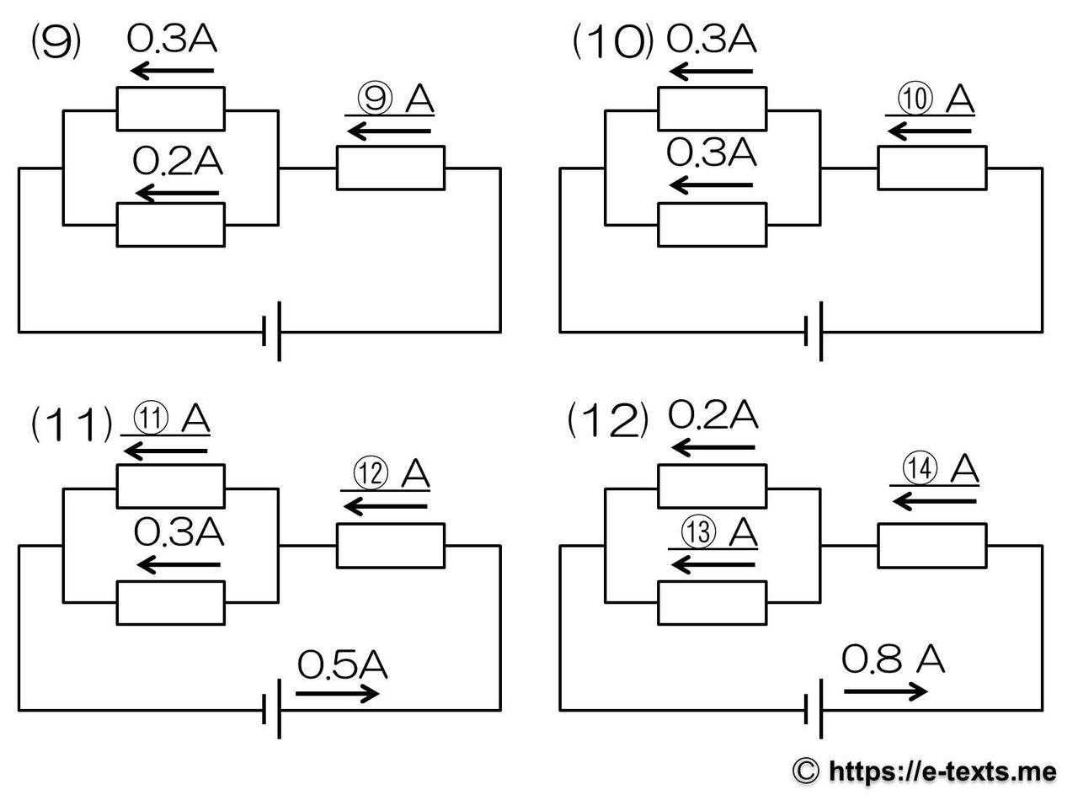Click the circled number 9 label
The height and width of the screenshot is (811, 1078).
click(x=376, y=99)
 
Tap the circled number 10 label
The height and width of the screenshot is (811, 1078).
click(x=915, y=99)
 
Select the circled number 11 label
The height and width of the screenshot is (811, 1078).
click(x=151, y=419)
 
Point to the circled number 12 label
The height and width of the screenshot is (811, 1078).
click(x=371, y=473)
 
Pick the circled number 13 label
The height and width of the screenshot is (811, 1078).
click(x=698, y=531)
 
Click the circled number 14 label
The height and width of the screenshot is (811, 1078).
click(x=920, y=468)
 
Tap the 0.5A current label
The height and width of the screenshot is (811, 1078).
click(x=342, y=664)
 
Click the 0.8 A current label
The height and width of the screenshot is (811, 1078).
click(x=893, y=659)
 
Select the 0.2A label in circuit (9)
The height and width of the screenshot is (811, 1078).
click(x=178, y=161)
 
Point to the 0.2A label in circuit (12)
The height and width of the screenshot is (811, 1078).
click(x=712, y=415)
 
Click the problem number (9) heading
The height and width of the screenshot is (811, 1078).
click(x=56, y=42)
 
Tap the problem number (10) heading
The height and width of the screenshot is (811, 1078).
click(x=613, y=42)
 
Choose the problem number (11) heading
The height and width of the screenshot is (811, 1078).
click(x=72, y=424)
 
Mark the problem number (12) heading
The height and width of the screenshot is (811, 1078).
click(x=608, y=420)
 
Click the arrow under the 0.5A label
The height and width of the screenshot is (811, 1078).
click(x=337, y=694)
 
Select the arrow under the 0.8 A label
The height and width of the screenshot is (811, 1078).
click(x=885, y=691)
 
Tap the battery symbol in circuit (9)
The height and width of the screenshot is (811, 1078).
click(x=271, y=331)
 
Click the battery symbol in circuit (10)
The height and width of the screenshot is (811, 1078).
click(x=814, y=331)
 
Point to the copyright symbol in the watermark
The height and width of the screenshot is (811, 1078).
click(x=806, y=771)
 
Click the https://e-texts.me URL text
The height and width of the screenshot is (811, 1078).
click(x=942, y=771)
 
